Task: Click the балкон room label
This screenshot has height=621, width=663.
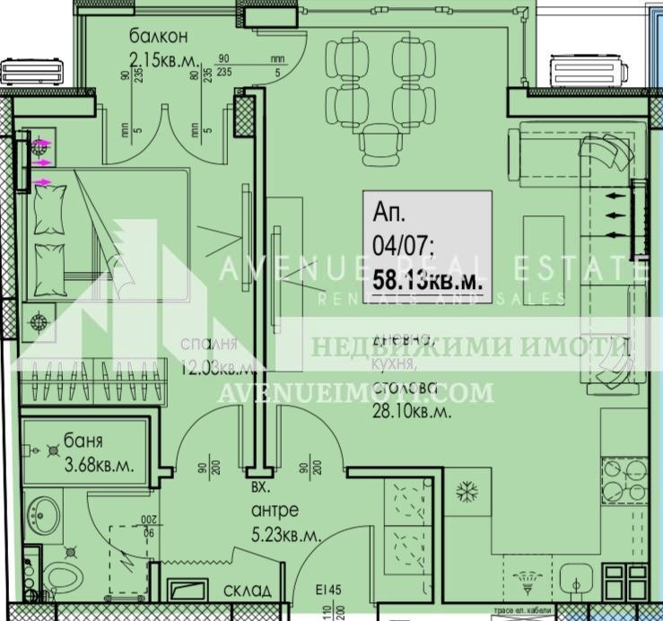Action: [158, 38]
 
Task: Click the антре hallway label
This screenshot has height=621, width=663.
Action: [275, 512]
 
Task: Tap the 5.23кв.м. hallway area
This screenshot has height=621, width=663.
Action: [286, 536]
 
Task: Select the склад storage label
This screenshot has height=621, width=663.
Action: [243, 591]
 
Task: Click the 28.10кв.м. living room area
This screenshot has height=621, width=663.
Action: [412, 412]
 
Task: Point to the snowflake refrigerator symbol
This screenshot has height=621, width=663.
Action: [466, 491]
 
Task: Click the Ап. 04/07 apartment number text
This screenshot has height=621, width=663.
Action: [406, 228]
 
